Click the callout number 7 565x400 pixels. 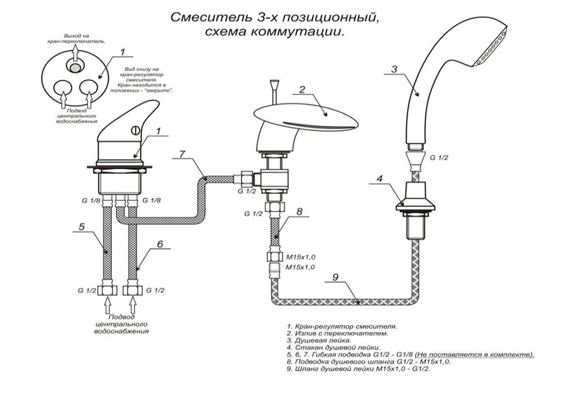[181, 153]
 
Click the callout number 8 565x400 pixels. [300, 212]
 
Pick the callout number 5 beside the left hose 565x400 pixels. [82, 227]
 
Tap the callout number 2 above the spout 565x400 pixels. [302, 89]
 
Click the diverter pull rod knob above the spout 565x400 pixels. [274, 84]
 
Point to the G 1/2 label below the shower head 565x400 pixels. [439, 158]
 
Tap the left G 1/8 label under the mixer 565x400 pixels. [89, 199]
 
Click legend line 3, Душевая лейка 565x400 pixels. [318, 340]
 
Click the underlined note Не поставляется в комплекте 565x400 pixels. [474, 355]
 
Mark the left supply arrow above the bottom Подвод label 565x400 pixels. [107, 307]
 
